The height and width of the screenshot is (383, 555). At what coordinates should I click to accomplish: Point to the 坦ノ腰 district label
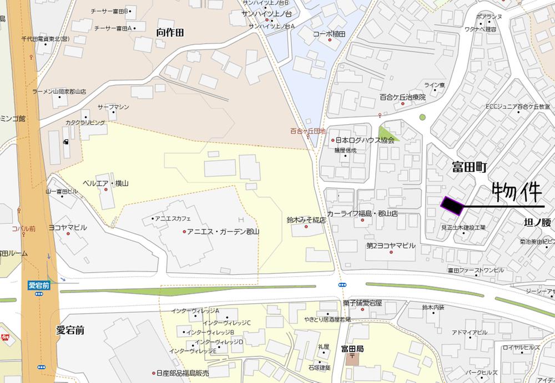pos(538,223)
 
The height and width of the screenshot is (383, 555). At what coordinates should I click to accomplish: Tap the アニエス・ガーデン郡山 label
pos(223,231)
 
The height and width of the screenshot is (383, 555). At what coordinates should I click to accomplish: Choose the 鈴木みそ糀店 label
pos(306,220)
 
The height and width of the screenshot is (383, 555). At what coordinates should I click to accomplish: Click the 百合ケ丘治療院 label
pos(402,97)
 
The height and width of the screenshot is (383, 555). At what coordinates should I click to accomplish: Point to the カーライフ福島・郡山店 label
pos(362,213)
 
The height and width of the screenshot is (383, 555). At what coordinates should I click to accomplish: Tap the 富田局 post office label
pos(352,349)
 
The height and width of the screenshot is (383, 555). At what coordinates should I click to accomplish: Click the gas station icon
pos(67,141)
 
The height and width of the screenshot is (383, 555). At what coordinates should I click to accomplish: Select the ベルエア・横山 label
pos(105,183)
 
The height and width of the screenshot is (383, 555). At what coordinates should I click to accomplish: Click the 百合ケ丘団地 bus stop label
pos(307,131)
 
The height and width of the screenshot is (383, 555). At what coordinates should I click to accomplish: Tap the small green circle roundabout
pos(422,117)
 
